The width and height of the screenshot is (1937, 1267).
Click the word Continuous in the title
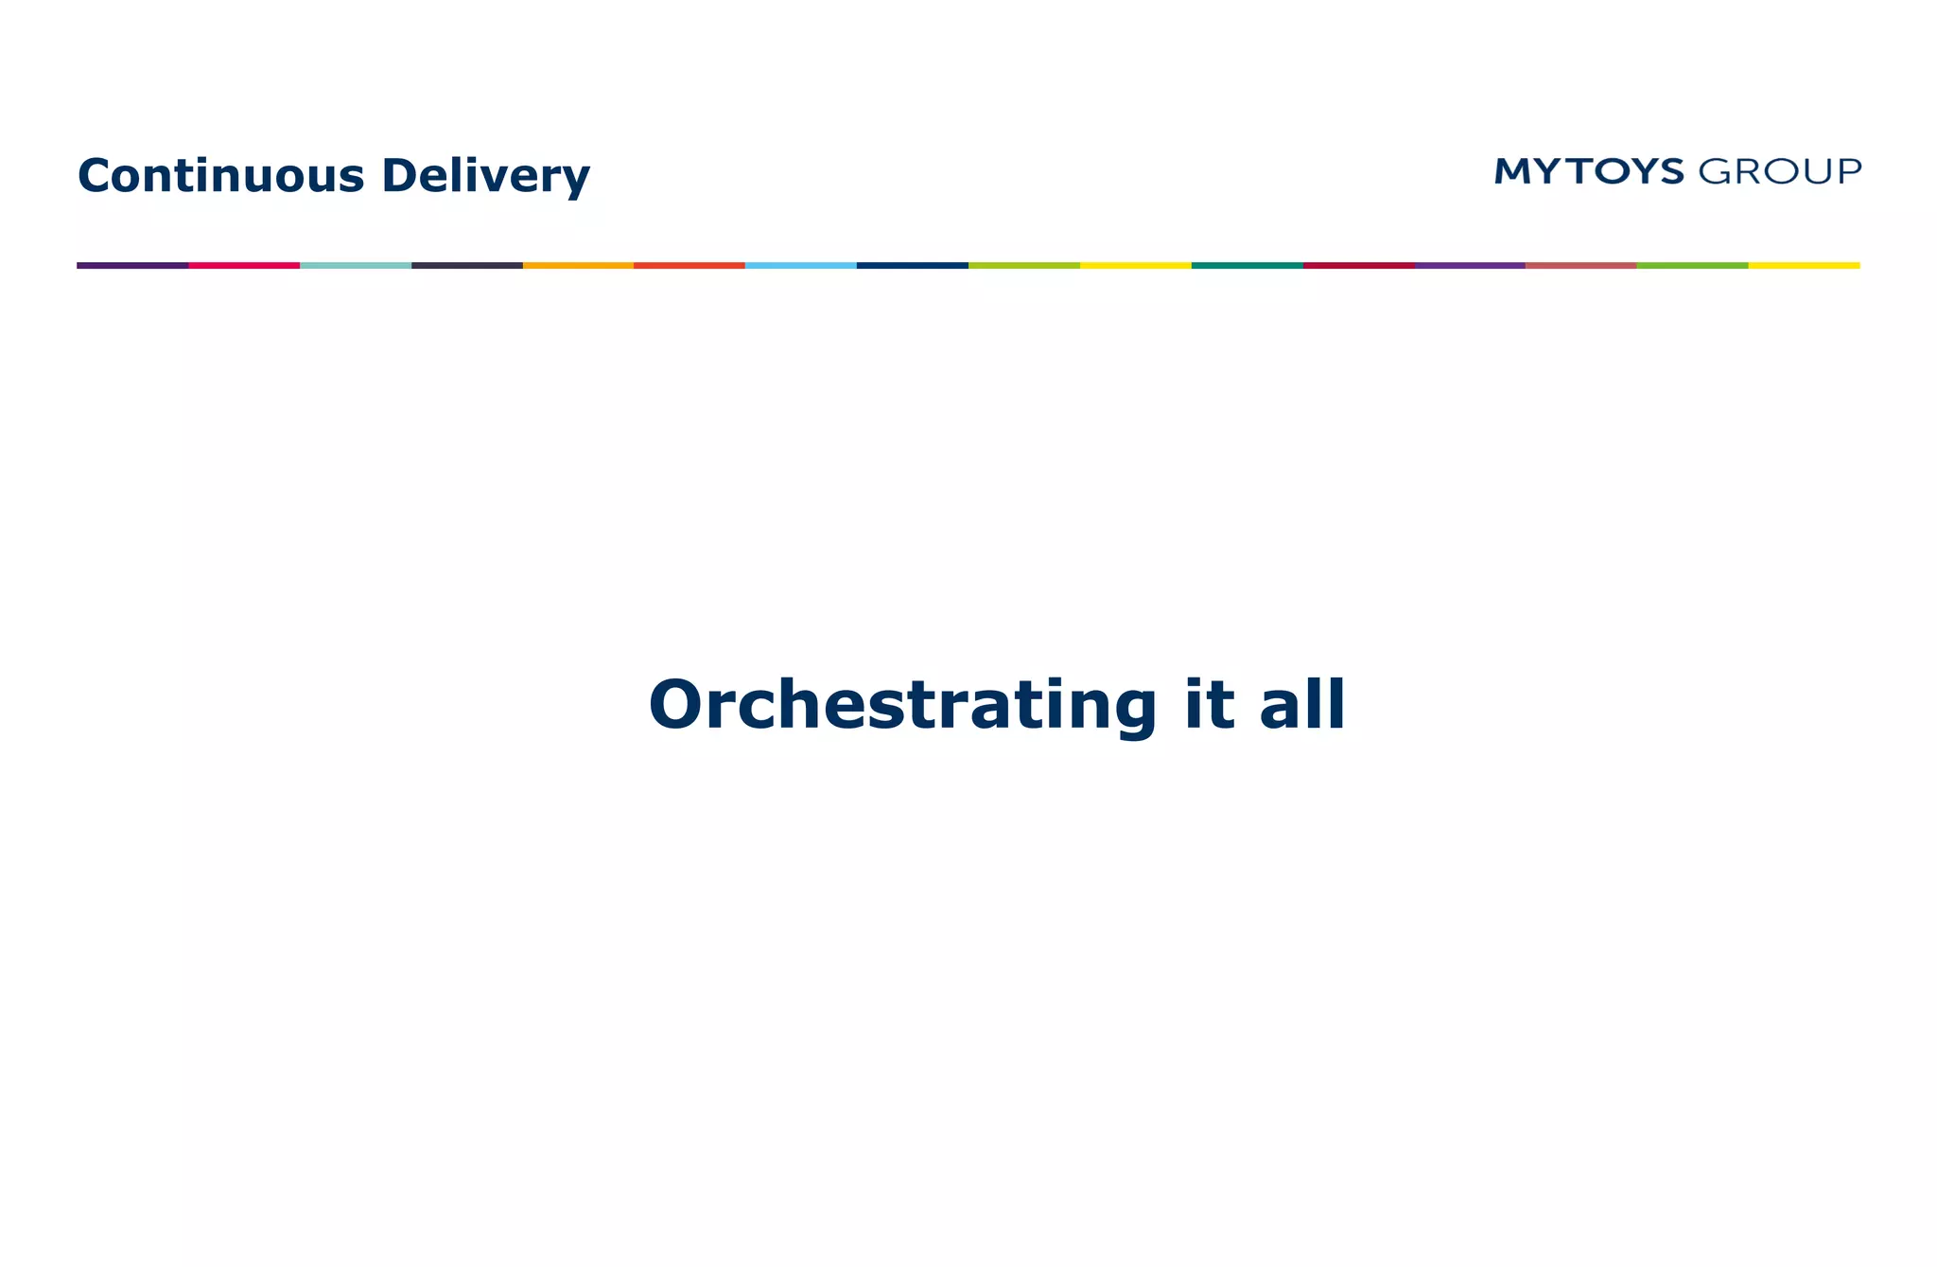point(220,176)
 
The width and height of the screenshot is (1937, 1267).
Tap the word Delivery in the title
point(485,177)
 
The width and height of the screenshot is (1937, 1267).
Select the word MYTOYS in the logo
point(1589,171)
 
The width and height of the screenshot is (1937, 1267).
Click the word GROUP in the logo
point(1780,172)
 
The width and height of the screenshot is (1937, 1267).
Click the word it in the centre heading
point(1209,706)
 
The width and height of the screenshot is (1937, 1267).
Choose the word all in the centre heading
point(1302,706)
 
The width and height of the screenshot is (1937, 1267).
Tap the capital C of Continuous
point(97,176)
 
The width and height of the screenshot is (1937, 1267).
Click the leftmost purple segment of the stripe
point(132,265)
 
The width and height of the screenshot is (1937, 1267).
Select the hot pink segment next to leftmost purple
point(244,265)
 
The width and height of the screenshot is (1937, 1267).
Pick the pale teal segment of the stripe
point(356,265)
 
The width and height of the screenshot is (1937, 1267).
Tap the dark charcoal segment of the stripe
point(467,265)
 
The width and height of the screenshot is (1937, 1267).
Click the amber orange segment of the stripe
point(578,265)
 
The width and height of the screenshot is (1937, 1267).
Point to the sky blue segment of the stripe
point(801,265)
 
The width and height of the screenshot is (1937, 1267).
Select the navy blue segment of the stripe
point(913,265)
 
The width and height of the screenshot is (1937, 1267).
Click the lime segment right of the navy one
point(1024,265)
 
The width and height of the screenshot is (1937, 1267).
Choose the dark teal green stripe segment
point(1248,265)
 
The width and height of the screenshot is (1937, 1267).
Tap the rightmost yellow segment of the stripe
point(1804,265)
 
